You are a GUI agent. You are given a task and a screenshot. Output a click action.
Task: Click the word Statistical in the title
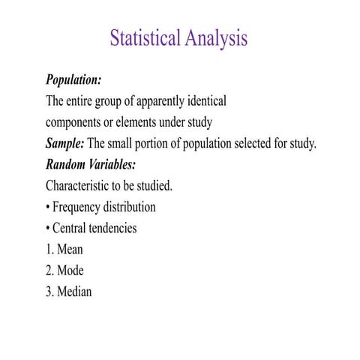point(144,38)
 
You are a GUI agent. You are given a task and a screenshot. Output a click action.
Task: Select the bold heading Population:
point(73,80)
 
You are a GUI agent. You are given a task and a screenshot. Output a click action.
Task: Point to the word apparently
point(157,101)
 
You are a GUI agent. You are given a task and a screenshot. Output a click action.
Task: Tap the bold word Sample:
point(65,143)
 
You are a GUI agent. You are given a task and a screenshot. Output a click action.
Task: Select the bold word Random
point(67,164)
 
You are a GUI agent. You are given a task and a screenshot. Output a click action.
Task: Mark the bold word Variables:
point(113,164)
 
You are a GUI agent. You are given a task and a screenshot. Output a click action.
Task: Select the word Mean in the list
point(70,250)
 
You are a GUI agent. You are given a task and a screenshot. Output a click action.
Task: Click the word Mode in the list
point(70,271)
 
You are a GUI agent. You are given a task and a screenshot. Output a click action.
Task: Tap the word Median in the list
point(74,292)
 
